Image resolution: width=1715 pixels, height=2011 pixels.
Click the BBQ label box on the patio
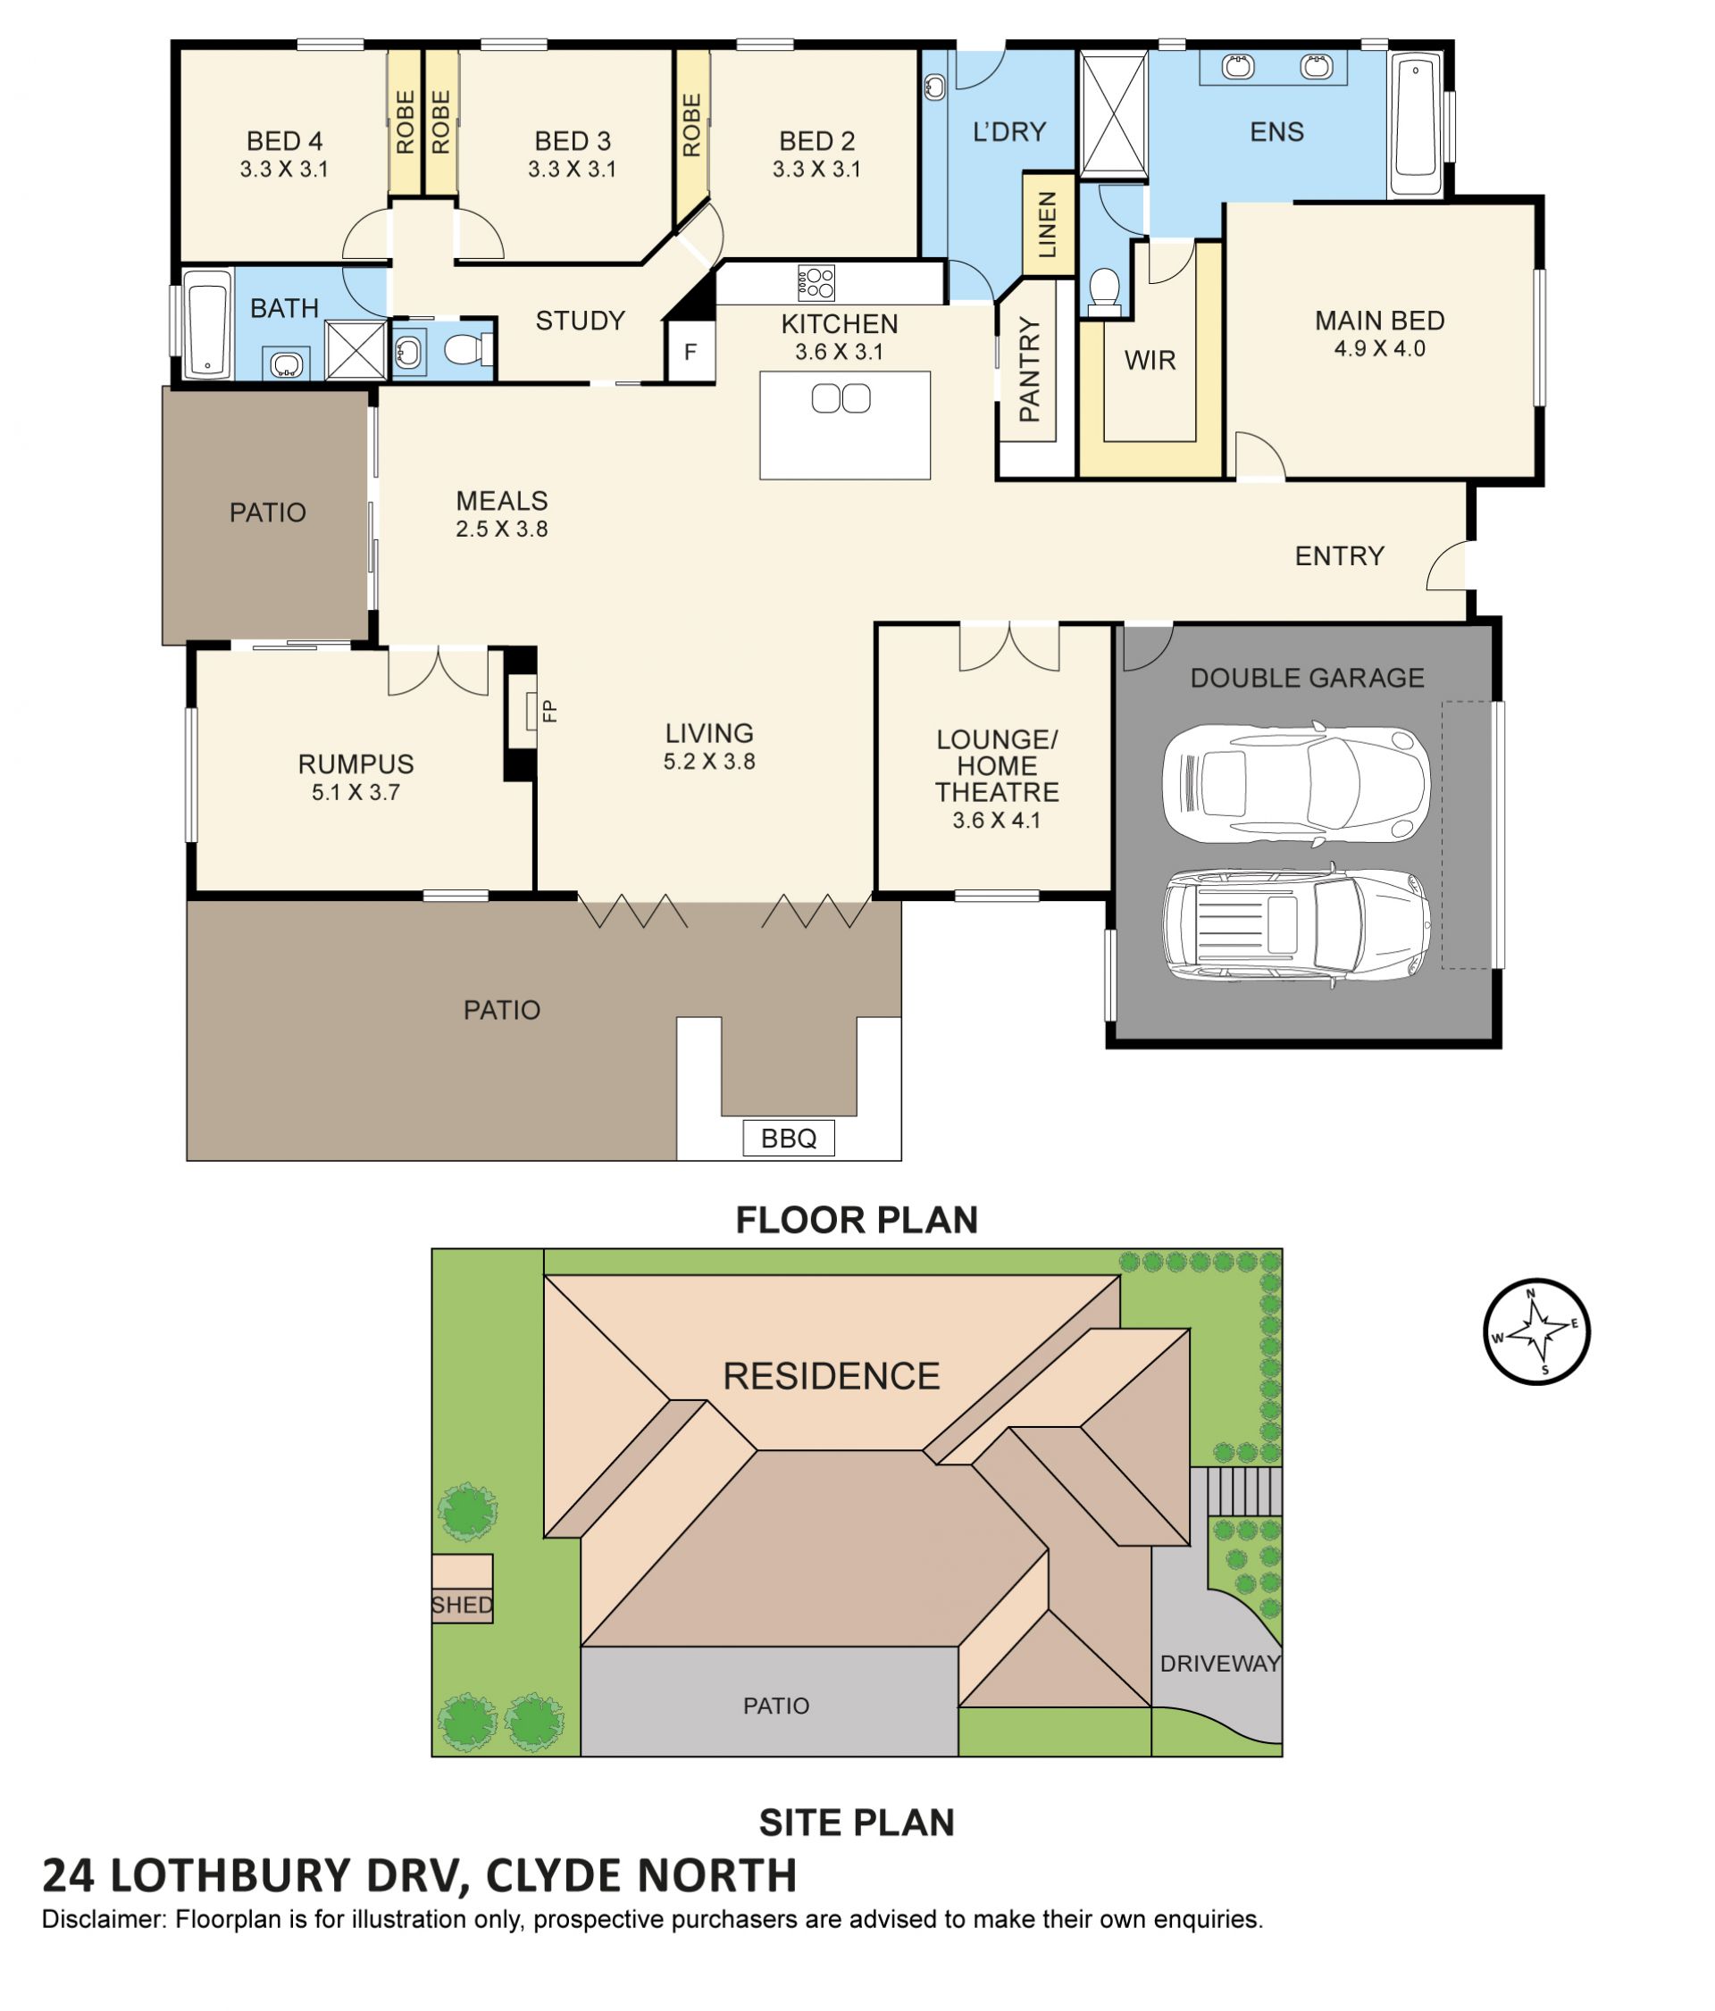pyautogui.click(x=787, y=1138)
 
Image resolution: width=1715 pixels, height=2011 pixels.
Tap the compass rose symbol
pyautogui.click(x=1535, y=1331)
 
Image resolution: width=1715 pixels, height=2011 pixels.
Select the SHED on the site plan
pyautogui.click(x=462, y=1588)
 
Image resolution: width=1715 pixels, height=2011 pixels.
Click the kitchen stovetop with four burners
pyautogui.click(x=816, y=282)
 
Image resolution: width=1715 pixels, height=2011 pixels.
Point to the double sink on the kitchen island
pyautogui.click(x=841, y=399)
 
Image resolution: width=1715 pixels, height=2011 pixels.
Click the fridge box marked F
pyautogui.click(x=690, y=351)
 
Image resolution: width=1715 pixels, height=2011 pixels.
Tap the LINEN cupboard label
pyautogui.click(x=1047, y=224)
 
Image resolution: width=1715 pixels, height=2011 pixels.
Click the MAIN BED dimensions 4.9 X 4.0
pyautogui.click(x=1379, y=349)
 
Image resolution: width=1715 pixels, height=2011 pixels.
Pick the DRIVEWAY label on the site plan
pyautogui.click(x=1220, y=1664)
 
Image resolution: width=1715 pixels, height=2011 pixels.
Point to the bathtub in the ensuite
pyautogui.click(x=1415, y=125)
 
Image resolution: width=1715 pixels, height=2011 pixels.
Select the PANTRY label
pyautogui.click(x=1029, y=370)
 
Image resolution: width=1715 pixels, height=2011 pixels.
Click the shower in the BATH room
pyautogui.click(x=356, y=349)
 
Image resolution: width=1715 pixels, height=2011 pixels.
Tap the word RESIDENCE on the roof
pyautogui.click(x=831, y=1376)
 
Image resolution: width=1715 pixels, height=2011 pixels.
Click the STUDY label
pyautogui.click(x=580, y=321)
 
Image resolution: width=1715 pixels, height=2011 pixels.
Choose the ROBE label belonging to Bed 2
pyautogui.click(x=691, y=125)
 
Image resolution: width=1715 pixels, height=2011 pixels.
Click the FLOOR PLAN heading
pyautogui.click(x=856, y=1220)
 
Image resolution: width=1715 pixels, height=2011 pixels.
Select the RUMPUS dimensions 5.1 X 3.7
pyautogui.click(x=356, y=793)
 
